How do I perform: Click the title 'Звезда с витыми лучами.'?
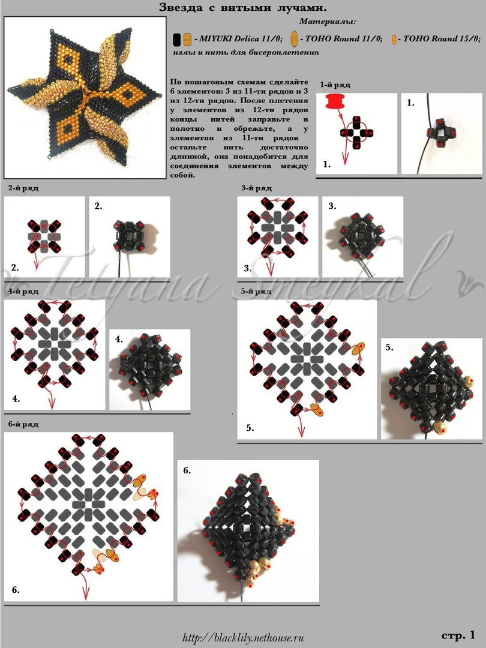(x=240, y=8)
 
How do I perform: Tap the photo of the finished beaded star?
(x=85, y=97)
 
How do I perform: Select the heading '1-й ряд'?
(x=335, y=85)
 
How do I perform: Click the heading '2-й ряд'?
(x=23, y=188)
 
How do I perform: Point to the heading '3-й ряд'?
(x=257, y=188)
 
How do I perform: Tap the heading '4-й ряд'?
(x=23, y=292)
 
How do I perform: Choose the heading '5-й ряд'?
(x=257, y=292)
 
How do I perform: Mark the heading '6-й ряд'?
(x=23, y=424)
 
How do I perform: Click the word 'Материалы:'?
(x=328, y=21)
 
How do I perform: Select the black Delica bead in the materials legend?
(x=177, y=39)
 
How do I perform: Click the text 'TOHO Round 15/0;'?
(x=442, y=39)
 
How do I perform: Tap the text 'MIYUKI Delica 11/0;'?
(x=241, y=39)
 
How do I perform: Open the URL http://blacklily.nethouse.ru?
(x=243, y=638)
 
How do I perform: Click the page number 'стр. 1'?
(x=458, y=635)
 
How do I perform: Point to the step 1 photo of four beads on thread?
(x=442, y=133)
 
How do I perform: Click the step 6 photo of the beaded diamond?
(x=248, y=530)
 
